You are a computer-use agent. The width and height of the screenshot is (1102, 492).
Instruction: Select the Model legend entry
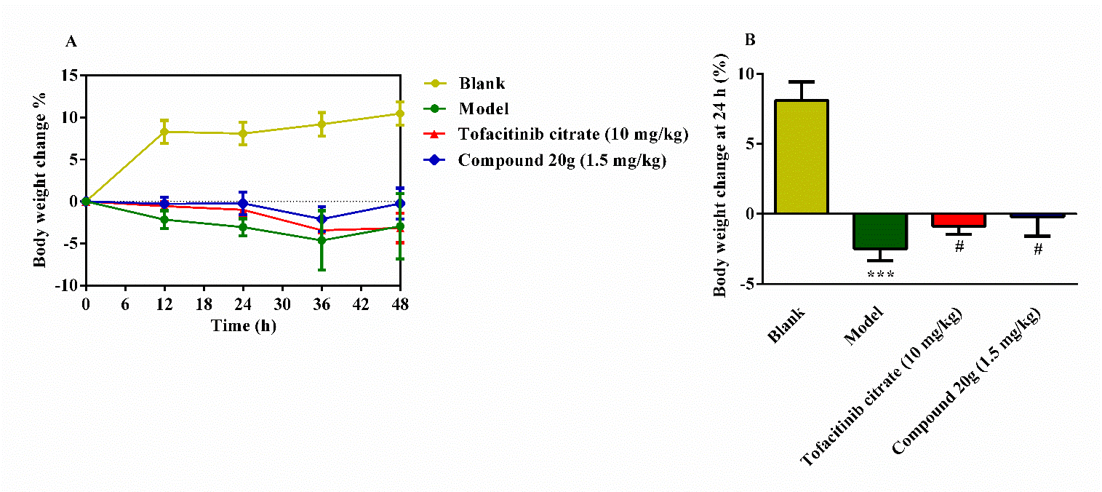pyautogui.click(x=484, y=109)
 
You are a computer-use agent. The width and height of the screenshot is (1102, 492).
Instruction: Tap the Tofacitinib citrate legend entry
pyautogui.click(x=572, y=135)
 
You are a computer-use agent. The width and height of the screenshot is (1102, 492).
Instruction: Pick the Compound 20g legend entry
pyautogui.click(x=562, y=161)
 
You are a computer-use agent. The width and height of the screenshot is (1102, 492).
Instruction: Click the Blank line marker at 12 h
pyautogui.click(x=165, y=132)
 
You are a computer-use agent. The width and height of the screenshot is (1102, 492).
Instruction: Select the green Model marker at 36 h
pyautogui.click(x=322, y=240)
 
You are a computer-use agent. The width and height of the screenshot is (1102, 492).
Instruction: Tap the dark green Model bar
pyautogui.click(x=879, y=231)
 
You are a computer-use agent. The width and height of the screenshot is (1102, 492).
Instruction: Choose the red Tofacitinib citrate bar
pyautogui.click(x=959, y=220)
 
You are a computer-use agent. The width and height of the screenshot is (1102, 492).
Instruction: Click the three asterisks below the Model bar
pyautogui.click(x=880, y=275)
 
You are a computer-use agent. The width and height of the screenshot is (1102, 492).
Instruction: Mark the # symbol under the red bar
pyautogui.click(x=959, y=247)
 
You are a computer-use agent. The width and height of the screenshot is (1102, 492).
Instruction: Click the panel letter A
pyautogui.click(x=71, y=42)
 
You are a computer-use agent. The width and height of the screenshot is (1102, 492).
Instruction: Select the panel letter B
pyautogui.click(x=751, y=41)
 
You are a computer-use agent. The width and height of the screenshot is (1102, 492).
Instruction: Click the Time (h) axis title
pyautogui.click(x=244, y=325)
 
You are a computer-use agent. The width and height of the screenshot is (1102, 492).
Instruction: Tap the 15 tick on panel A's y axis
pyautogui.click(x=71, y=75)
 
